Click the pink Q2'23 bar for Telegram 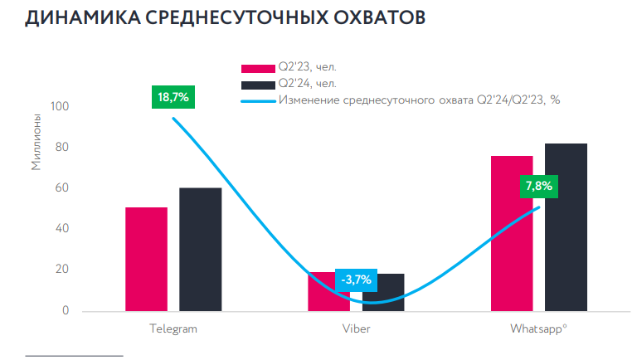(x=146, y=259)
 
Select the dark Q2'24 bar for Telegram (x=200, y=250)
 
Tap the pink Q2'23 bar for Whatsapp (x=512, y=233)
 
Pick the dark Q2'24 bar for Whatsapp (x=566, y=227)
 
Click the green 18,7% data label (x=173, y=97)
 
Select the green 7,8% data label (x=537, y=186)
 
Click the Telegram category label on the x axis (x=173, y=328)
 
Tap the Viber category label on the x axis (x=357, y=328)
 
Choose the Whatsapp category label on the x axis (x=538, y=328)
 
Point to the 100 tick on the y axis (x=60, y=107)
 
